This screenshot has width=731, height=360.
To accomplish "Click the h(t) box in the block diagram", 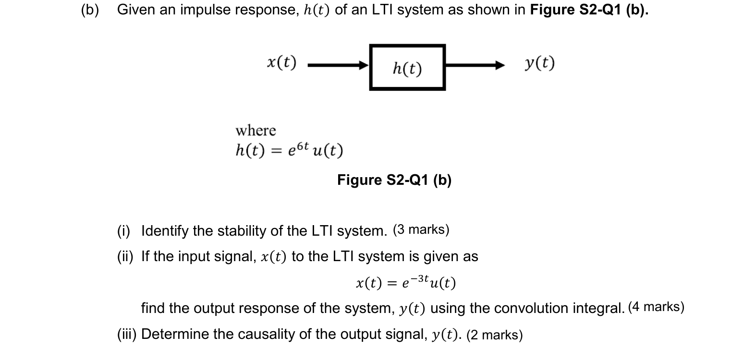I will [407, 67].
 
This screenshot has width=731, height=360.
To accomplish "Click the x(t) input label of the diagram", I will [281, 63].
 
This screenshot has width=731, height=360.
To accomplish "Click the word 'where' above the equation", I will [256, 131].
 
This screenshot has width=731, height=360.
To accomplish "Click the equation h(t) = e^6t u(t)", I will [289, 151].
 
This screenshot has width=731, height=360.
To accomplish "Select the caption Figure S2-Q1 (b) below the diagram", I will [394, 180].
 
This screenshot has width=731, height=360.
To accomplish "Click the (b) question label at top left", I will [89, 10].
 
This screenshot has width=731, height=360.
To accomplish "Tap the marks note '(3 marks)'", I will [421, 230].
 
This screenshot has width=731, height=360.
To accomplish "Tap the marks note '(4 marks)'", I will [656, 307].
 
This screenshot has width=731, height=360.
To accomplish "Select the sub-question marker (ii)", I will [125, 257].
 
